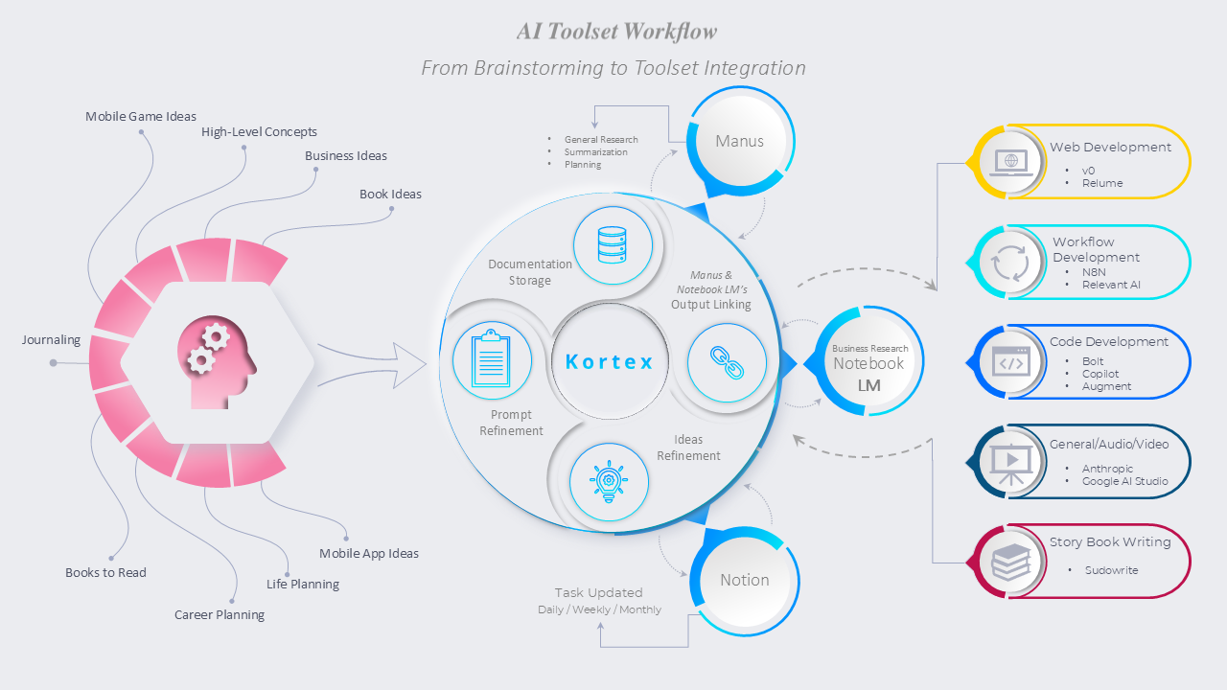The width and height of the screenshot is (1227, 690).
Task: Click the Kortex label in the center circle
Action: point(610,362)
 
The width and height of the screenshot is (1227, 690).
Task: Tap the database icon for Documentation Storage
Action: point(612,245)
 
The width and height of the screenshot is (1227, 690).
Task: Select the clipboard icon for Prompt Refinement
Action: point(492,360)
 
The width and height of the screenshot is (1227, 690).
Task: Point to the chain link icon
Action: point(727,362)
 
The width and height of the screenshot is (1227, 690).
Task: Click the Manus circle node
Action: point(739,142)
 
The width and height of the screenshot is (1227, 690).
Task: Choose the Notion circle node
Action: point(744,580)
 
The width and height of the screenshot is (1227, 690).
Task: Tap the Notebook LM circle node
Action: point(868,363)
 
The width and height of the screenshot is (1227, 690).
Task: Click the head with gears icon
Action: point(219,362)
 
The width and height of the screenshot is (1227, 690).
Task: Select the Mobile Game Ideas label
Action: point(141,117)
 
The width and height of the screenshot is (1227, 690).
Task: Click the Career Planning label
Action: point(220,615)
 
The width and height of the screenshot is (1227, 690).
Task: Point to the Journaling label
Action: point(52,340)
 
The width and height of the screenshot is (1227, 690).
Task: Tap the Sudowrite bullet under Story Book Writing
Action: point(1111,570)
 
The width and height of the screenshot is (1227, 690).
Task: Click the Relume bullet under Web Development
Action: point(1102,183)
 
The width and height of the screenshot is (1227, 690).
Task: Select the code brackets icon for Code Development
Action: point(1009,362)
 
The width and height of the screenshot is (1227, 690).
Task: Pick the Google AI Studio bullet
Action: point(1124,481)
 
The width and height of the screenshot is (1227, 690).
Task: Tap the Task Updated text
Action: point(598,593)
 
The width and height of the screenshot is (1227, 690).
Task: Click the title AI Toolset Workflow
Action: point(617,32)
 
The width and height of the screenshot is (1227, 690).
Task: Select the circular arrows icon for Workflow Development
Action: point(1010,263)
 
